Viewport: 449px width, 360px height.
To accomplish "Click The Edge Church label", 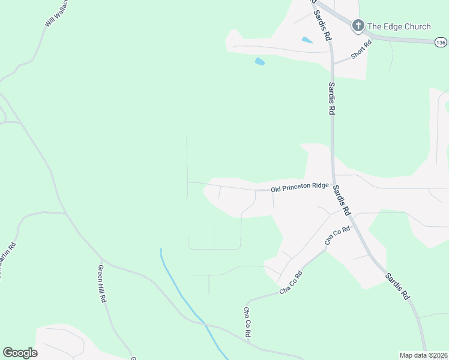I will point(399,26).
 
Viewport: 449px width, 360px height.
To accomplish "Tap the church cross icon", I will point(358,25).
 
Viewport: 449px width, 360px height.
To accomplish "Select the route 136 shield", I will point(441,42).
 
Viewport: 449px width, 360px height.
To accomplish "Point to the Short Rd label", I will point(361,52).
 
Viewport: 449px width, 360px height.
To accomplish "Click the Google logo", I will point(20,353).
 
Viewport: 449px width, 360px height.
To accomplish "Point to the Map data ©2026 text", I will point(423,355).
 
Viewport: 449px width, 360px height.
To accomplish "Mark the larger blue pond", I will point(259,61).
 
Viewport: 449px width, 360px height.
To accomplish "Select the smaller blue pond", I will point(307,40).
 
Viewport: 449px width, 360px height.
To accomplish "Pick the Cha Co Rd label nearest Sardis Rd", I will point(337,235).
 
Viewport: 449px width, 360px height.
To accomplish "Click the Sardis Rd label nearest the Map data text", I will point(397,287).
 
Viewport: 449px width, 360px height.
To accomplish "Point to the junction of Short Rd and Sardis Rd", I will point(333,63).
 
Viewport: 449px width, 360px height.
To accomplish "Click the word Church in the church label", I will point(416,26).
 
